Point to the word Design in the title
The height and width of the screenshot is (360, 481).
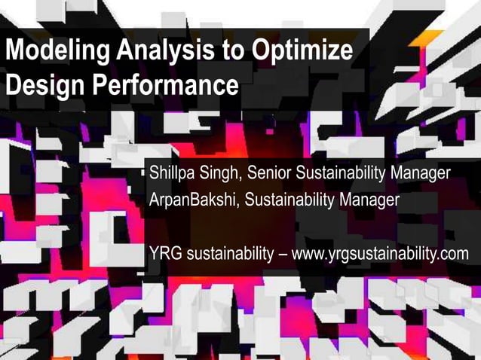point(44,84)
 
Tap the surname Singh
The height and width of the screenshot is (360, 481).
point(219,174)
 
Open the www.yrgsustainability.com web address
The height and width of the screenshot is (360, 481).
point(380,253)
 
